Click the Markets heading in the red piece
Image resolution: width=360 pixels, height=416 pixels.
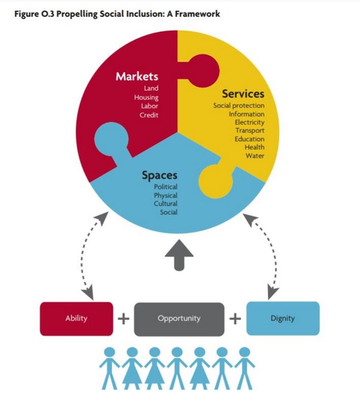coord(137,76)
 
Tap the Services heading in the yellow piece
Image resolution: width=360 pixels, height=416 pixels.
coord(243,94)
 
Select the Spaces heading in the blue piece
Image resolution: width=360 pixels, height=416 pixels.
coord(159,175)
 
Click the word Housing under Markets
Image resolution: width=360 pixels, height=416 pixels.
coord(146,98)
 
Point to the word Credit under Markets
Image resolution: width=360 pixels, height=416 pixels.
coord(149,115)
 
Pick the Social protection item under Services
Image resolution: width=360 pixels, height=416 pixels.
coord(239,105)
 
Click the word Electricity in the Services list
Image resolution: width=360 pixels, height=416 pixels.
coord(250,122)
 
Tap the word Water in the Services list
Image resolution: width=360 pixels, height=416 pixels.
coord(255,156)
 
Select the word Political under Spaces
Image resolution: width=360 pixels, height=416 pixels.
coord(165,187)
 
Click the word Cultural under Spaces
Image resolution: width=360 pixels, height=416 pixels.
coord(165,203)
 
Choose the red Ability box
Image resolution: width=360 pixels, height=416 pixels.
coord(76,318)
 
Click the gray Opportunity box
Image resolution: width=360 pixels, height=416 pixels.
coord(179,319)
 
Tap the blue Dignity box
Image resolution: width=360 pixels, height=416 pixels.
coord(283,318)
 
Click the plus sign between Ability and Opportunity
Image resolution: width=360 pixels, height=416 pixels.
coord(124,318)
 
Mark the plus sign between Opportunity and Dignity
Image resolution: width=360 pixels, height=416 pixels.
coord(235,318)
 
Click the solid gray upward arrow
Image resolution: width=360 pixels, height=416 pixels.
coord(179,255)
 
